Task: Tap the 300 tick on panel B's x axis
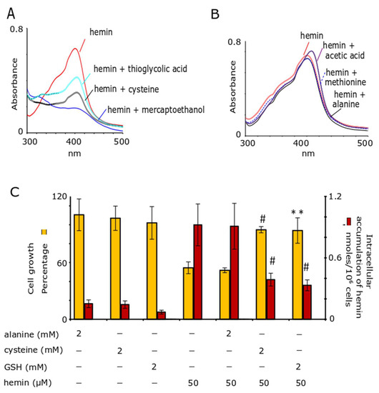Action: [247, 143]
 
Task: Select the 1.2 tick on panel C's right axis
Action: [335, 196]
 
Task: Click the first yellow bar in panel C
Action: [79, 266]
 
